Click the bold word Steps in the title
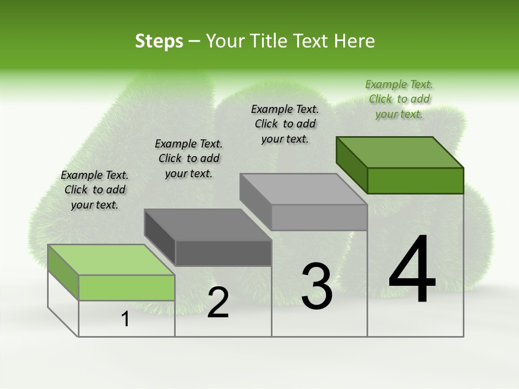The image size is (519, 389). click(x=159, y=41)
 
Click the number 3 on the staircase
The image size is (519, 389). click(x=317, y=286)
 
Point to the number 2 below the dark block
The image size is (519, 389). click(x=218, y=303)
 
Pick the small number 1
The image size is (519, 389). click(x=125, y=319)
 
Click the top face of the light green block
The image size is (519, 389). click(x=111, y=259)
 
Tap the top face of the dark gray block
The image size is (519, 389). click(x=208, y=225)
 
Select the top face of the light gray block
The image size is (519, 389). click(x=303, y=189)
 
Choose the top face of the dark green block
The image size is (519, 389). click(x=400, y=152)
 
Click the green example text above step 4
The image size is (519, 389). click(x=399, y=99)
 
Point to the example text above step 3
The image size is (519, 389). click(x=285, y=124)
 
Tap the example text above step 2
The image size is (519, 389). click(x=189, y=158)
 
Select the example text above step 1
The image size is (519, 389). click(x=95, y=190)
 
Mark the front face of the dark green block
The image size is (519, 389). click(x=415, y=180)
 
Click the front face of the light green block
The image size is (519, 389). click(x=127, y=287)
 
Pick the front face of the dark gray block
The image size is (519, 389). click(x=223, y=253)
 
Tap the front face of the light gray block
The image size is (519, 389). click(x=319, y=217)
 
